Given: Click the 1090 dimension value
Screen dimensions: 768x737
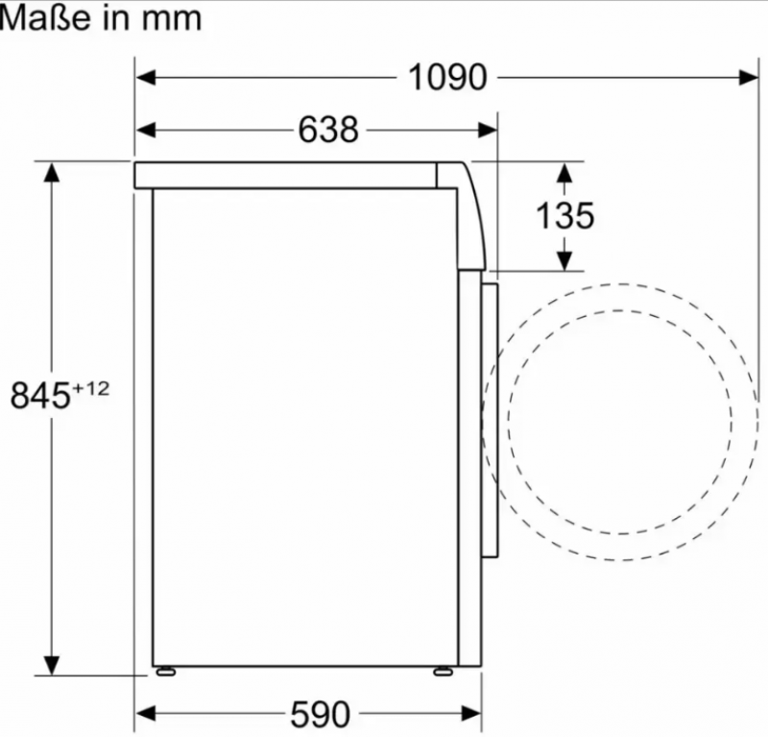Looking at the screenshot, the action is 447,78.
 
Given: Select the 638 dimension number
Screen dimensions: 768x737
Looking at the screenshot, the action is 328,130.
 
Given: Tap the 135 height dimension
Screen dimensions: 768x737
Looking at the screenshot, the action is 565,215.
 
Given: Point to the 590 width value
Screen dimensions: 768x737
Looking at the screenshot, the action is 321,714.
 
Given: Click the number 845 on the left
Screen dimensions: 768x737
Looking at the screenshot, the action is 40,395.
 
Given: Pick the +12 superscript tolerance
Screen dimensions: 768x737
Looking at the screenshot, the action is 91,389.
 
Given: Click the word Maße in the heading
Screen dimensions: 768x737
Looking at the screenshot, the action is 46,18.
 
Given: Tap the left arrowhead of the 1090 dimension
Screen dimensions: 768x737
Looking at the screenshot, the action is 146,78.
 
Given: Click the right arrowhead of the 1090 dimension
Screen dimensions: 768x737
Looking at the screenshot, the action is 749,78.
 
